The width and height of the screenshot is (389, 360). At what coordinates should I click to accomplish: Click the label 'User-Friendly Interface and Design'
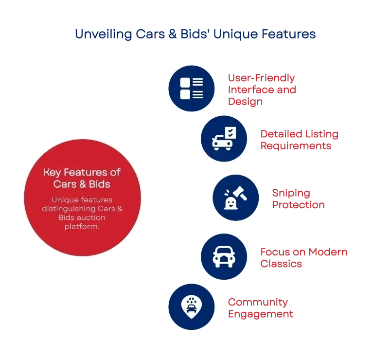click(x=263, y=90)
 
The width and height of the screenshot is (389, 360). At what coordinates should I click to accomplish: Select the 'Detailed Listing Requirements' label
click(x=299, y=139)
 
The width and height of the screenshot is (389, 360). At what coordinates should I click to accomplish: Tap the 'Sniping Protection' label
click(x=298, y=198)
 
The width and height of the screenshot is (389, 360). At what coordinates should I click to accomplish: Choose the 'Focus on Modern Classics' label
click(x=304, y=257)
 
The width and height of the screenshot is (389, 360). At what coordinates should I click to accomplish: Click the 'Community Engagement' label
click(x=261, y=308)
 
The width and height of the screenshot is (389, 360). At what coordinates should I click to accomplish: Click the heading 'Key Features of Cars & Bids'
click(x=82, y=178)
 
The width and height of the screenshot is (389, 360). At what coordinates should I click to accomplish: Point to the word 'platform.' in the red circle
click(x=82, y=225)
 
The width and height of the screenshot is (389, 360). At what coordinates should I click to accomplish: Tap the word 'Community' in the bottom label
click(x=258, y=302)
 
